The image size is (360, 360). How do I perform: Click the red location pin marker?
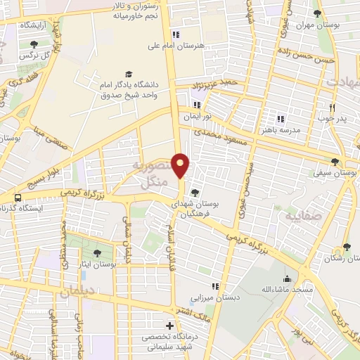point(181,165)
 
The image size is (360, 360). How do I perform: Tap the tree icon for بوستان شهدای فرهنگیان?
point(195,193)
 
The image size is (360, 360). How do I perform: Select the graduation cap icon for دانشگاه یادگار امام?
point(128,73)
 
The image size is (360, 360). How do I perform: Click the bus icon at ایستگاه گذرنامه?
point(17,199)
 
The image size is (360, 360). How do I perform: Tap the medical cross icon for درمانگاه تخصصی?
point(169,326)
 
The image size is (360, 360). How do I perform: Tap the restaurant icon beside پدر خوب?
point(333,108)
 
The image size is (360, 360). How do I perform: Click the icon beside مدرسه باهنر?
point(281,119)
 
